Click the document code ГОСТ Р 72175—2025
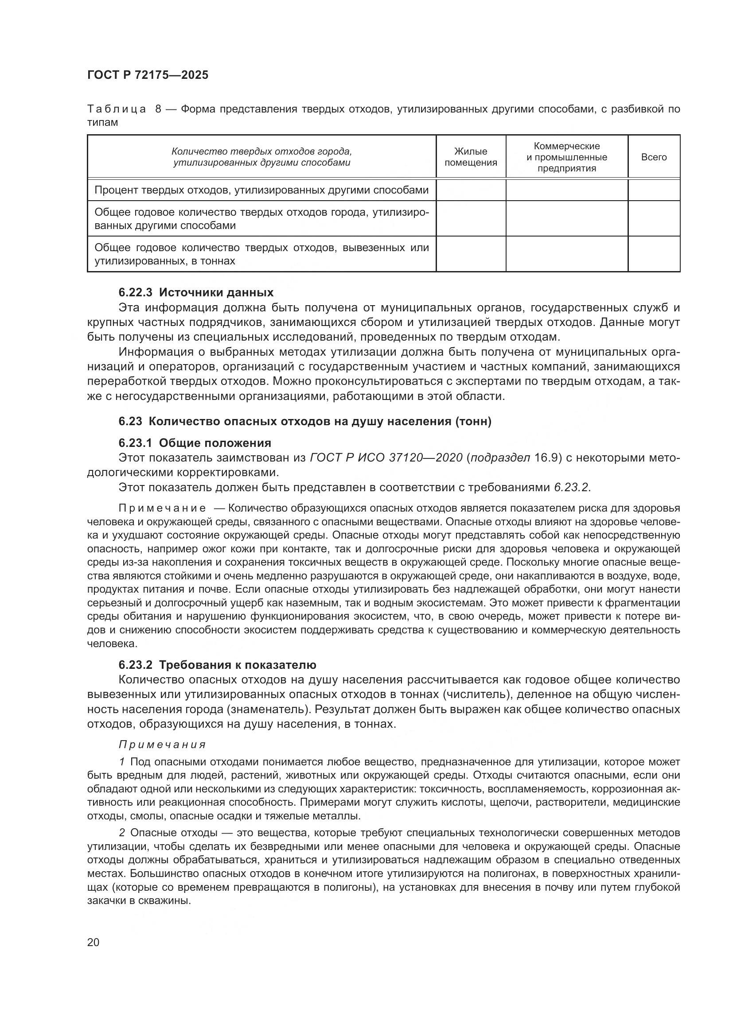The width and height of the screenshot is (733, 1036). (148, 75)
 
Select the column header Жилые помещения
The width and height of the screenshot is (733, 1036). (470, 157)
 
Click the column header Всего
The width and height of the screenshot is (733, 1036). (654, 157)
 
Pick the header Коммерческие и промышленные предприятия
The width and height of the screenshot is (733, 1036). (566, 157)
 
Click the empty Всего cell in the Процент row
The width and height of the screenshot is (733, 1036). (654, 190)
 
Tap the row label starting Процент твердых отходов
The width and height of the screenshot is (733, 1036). (261, 190)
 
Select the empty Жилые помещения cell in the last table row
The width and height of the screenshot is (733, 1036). (470, 254)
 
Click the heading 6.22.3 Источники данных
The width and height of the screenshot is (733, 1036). (196, 292)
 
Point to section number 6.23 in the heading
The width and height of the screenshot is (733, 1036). (130, 421)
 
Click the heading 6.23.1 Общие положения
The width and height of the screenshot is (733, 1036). (195, 442)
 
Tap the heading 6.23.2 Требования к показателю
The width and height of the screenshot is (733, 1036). (217, 665)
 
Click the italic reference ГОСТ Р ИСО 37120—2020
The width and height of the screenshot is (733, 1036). (386, 458)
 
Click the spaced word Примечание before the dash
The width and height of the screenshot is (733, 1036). (162, 508)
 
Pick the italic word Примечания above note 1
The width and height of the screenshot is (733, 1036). (162, 745)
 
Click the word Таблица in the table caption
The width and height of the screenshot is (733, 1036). (117, 109)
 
